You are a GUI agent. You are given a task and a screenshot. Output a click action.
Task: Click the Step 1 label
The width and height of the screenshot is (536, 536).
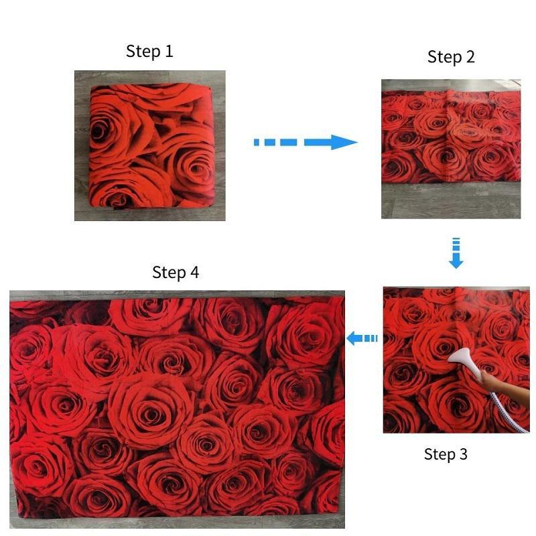[x=149, y=52]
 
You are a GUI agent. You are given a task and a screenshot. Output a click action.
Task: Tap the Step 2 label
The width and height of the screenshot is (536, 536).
[x=451, y=58]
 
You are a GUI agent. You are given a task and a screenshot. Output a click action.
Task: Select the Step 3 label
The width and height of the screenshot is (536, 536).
[x=446, y=454]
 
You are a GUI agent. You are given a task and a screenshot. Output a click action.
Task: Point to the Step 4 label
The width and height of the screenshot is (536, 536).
[x=176, y=272]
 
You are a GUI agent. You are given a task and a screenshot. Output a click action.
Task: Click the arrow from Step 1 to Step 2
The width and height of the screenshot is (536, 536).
[x=305, y=142]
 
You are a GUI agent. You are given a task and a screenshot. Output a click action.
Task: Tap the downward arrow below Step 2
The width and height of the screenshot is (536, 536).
[x=456, y=253]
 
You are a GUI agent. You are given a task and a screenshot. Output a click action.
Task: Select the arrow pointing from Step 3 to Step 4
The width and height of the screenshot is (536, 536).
[x=362, y=338]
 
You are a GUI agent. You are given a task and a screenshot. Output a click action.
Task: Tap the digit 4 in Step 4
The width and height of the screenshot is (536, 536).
[x=194, y=272]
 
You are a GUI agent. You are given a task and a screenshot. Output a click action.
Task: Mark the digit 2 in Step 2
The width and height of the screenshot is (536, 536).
[x=470, y=58]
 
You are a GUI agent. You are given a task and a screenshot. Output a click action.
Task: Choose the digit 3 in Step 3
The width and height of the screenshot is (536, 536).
[x=464, y=454]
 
